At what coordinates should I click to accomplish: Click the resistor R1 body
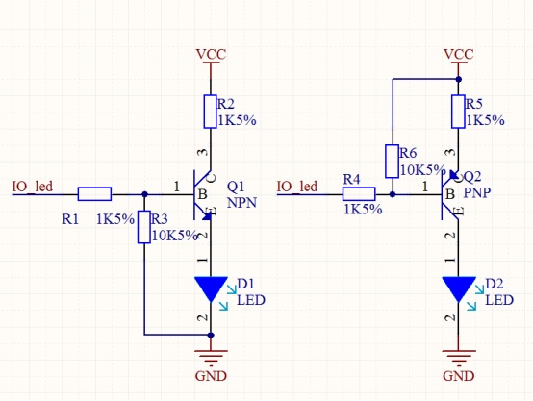[x=93, y=193]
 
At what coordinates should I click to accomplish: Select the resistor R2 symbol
[x=210, y=112]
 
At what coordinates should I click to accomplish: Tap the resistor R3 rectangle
[x=144, y=227]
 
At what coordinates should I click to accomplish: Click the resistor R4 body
[x=359, y=193]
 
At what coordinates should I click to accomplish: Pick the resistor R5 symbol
[x=458, y=112]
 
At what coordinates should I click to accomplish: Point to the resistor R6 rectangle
[x=392, y=161]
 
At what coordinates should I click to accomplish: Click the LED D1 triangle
[x=210, y=288]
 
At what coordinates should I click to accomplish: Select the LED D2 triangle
[x=458, y=288]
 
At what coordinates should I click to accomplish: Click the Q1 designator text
[x=237, y=186]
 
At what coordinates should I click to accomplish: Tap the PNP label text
[x=478, y=192]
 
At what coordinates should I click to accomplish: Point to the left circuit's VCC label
[x=210, y=54]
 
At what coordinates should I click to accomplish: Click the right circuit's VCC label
[x=458, y=54]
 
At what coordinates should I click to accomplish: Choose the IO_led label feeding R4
[x=296, y=186]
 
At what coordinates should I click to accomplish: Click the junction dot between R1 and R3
[x=144, y=193]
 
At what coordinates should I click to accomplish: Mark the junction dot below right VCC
[x=458, y=79]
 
